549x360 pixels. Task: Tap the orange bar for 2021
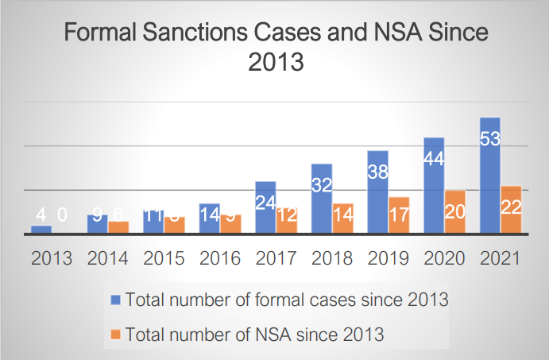click(x=512, y=210)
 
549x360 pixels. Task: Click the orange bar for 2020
click(x=455, y=212)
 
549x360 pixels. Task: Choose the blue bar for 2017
click(x=266, y=207)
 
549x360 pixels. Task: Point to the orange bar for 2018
click(x=343, y=218)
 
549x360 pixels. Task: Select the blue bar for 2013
click(x=41, y=230)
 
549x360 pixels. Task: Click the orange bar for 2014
click(x=118, y=227)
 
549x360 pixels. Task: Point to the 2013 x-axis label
click(x=51, y=258)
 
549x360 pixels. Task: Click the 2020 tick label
click(x=444, y=258)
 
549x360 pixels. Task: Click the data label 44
click(x=435, y=158)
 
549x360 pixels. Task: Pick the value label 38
click(x=378, y=171)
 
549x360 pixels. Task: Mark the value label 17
click(x=399, y=215)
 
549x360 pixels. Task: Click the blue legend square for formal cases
click(x=115, y=300)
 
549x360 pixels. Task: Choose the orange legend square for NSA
click(x=115, y=334)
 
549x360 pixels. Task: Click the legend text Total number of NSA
click(x=255, y=335)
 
